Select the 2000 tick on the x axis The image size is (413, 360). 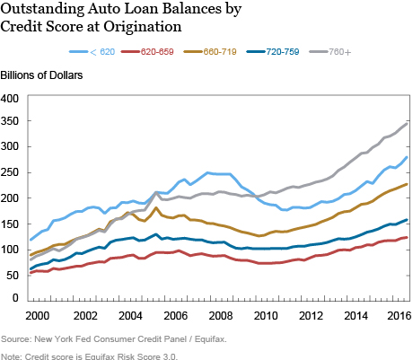pos(37,316)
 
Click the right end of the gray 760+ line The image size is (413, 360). pos(407,123)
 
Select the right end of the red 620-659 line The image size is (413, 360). pos(407,237)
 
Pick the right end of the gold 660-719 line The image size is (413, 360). pos(407,184)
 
